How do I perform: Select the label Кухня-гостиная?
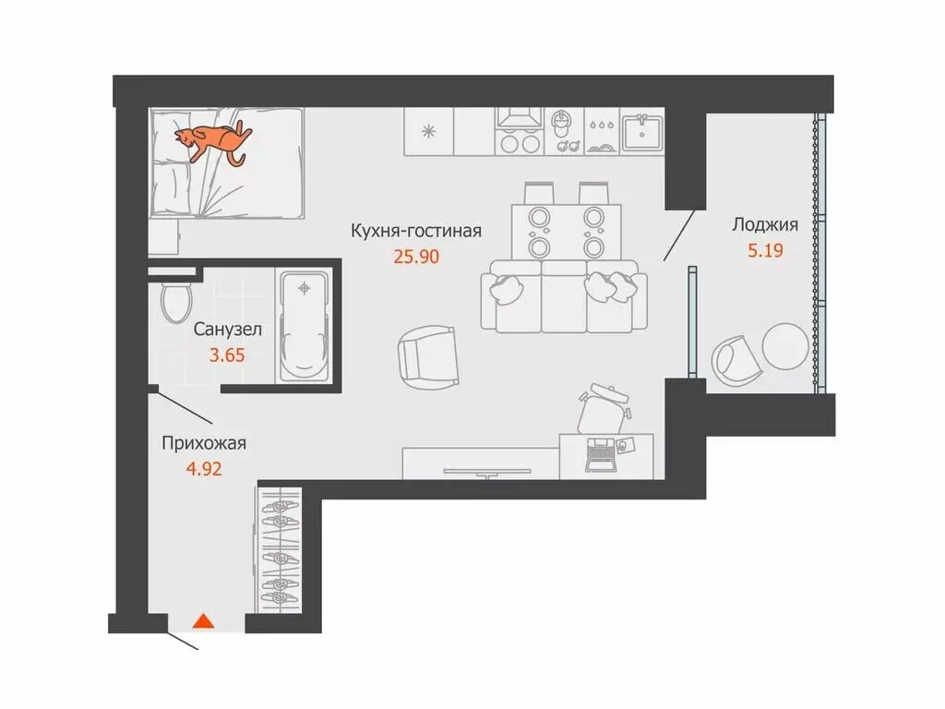click(415, 231)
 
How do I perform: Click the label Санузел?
click(227, 329)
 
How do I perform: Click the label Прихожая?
click(204, 443)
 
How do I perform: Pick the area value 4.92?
click(204, 467)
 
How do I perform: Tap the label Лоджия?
click(764, 224)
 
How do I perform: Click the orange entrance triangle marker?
click(203, 621)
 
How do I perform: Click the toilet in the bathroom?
click(173, 302)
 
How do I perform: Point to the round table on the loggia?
click(785, 345)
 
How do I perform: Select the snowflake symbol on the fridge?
click(427, 130)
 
